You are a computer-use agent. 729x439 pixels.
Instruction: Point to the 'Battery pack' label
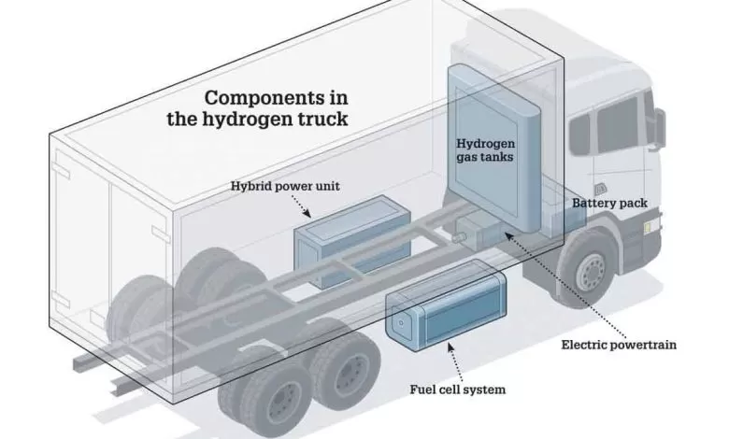tap(610, 203)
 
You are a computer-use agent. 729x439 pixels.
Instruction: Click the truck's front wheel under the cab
tap(590, 271)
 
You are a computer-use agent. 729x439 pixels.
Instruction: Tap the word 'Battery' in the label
tap(594, 203)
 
